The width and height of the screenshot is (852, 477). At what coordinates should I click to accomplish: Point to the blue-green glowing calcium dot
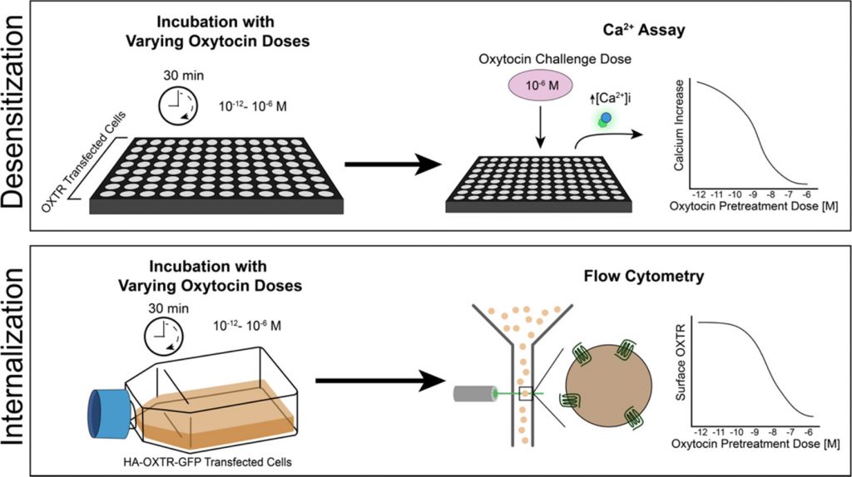coord(607,119)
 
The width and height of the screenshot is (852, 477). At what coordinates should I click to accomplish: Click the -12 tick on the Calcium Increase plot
coord(700,192)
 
